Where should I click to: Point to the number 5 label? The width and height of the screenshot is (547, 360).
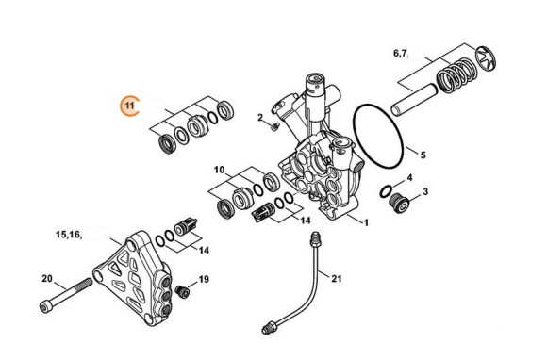click(x=423, y=155)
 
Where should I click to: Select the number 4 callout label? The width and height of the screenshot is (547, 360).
click(x=409, y=177)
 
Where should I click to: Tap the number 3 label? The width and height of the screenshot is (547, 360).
click(x=424, y=192)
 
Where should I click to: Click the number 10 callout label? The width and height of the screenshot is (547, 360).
click(x=219, y=170)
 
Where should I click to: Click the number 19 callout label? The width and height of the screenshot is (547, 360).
click(x=203, y=280)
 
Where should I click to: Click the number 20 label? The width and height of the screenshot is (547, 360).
click(x=21, y=278)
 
